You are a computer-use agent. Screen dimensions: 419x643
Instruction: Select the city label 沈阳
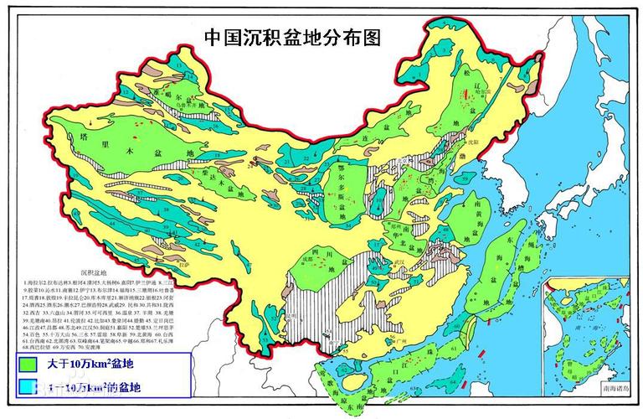pyautogui.click(x=485, y=143)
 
